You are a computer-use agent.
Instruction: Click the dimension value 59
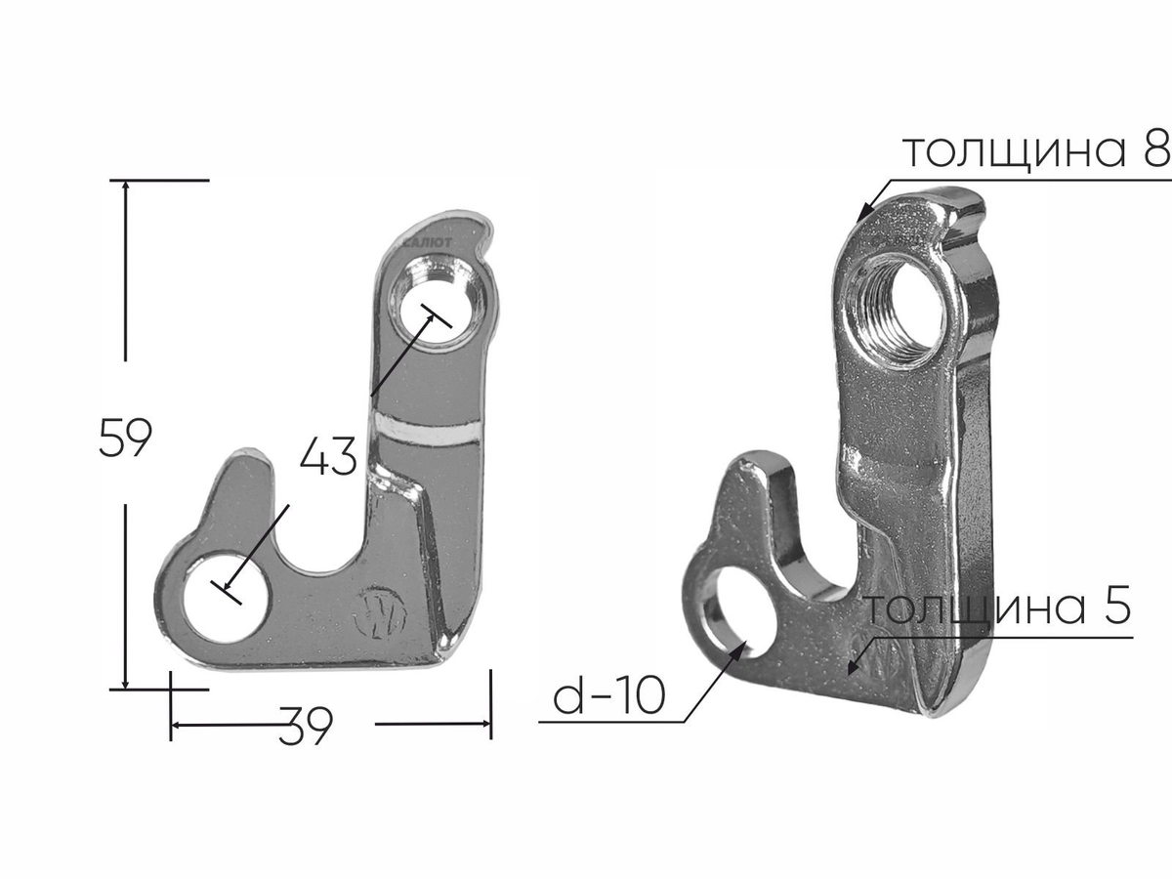126,438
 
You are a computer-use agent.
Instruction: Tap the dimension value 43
328,455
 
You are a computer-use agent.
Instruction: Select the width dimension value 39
306,726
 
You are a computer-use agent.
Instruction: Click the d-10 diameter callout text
609,696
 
